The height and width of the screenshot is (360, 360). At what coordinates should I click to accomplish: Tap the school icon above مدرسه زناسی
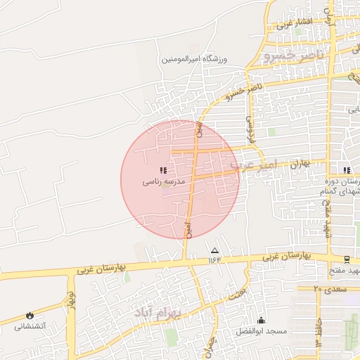click(x=163, y=170)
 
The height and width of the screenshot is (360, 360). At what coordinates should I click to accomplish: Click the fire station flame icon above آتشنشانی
click(x=30, y=316)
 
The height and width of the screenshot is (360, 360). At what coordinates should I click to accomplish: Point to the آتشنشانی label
click(x=30, y=327)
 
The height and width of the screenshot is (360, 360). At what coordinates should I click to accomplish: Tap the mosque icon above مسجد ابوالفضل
click(x=262, y=320)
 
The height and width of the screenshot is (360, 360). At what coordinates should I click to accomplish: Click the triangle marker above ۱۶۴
click(x=214, y=250)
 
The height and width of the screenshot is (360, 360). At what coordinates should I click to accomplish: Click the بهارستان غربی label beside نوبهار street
click(x=87, y=269)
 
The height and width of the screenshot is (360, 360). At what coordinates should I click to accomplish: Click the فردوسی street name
click(x=247, y=125)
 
